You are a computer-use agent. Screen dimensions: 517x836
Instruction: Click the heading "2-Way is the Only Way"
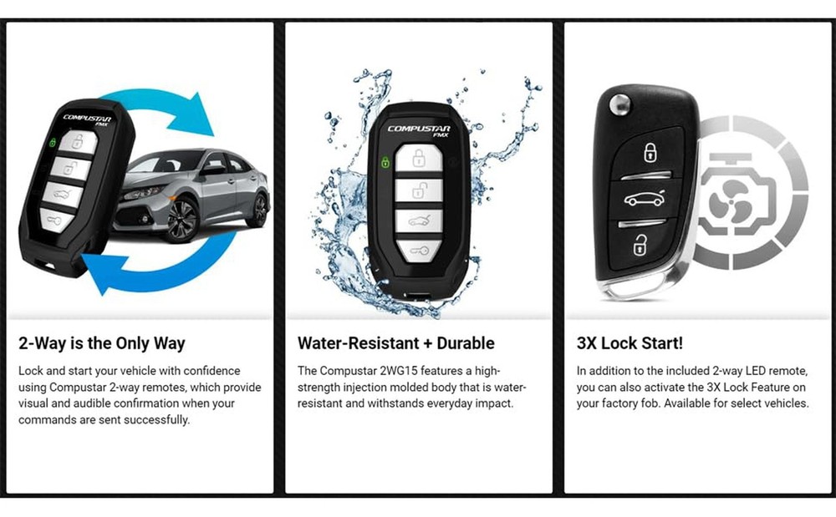coord(101,342)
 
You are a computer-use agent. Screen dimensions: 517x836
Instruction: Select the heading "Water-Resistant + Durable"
coord(395,342)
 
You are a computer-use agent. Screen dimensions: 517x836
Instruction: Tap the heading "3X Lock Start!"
coord(630,342)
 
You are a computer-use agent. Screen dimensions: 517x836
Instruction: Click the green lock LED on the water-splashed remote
coord(385,161)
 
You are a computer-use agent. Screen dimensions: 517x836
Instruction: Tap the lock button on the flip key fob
coord(648,153)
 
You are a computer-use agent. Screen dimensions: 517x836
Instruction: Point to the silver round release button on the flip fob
coord(619,105)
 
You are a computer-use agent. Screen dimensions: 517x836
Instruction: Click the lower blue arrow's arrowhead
coord(98,272)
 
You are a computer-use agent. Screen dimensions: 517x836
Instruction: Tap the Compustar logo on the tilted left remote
coord(86,119)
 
